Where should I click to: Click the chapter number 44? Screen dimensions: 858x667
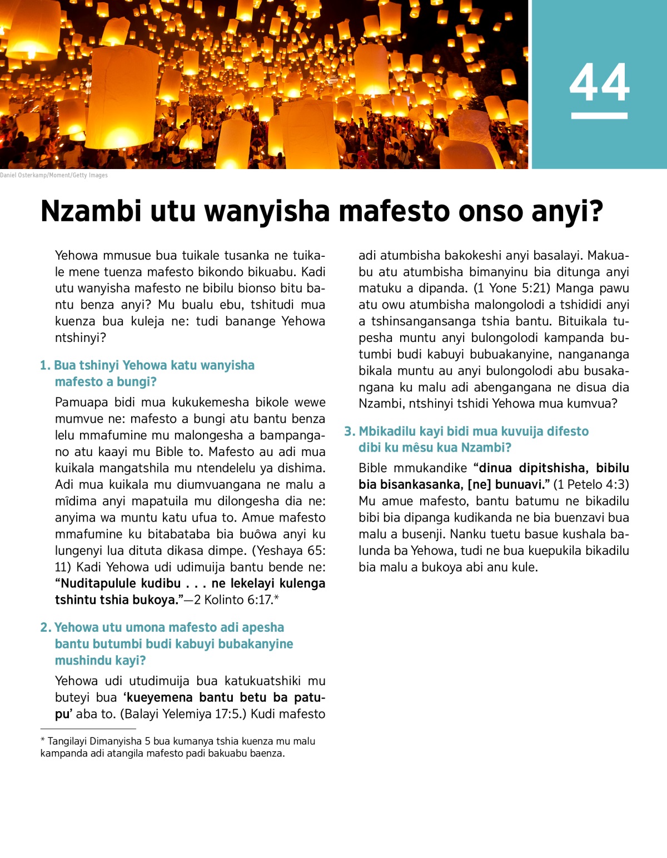(x=599, y=83)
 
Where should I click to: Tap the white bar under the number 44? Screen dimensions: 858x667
(x=599, y=116)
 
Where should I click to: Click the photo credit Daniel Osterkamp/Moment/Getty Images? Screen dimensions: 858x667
(x=54, y=175)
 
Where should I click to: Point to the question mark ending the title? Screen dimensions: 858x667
(x=597, y=212)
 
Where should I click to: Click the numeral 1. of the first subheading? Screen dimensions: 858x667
(x=45, y=365)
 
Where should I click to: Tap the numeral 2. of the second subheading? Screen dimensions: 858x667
(x=46, y=628)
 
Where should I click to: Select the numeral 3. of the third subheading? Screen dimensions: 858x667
(x=350, y=432)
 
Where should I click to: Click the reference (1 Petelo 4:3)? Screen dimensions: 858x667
(x=591, y=484)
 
